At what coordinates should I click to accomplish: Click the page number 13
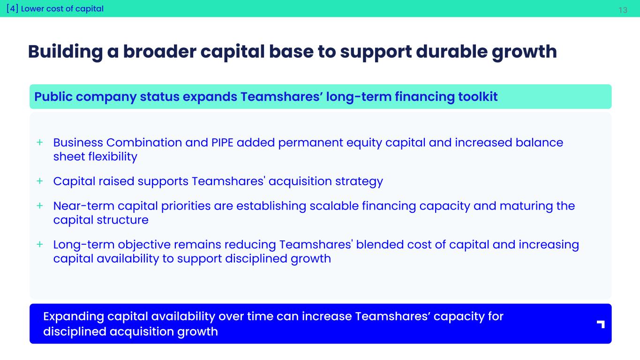pos(623,10)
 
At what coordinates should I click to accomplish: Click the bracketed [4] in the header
pos(12,8)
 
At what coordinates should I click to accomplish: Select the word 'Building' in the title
pos(66,52)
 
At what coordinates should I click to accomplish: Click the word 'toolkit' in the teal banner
pos(478,97)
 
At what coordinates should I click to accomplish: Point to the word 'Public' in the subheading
pos(53,97)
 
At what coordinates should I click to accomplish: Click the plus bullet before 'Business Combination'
pos(40,142)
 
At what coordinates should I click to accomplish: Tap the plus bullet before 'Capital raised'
pos(40,181)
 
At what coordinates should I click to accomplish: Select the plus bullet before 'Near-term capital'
pos(40,205)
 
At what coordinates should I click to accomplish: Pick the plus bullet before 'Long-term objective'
pos(40,244)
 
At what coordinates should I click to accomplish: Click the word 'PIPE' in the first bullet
pos(222,142)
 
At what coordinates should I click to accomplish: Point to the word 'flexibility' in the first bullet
pos(113,157)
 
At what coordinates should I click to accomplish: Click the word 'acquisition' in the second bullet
pos(300,181)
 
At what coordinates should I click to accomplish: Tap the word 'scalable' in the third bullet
pos(334,206)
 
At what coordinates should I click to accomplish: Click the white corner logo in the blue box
pos(601,324)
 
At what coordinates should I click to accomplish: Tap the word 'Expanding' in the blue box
pos(74,316)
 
